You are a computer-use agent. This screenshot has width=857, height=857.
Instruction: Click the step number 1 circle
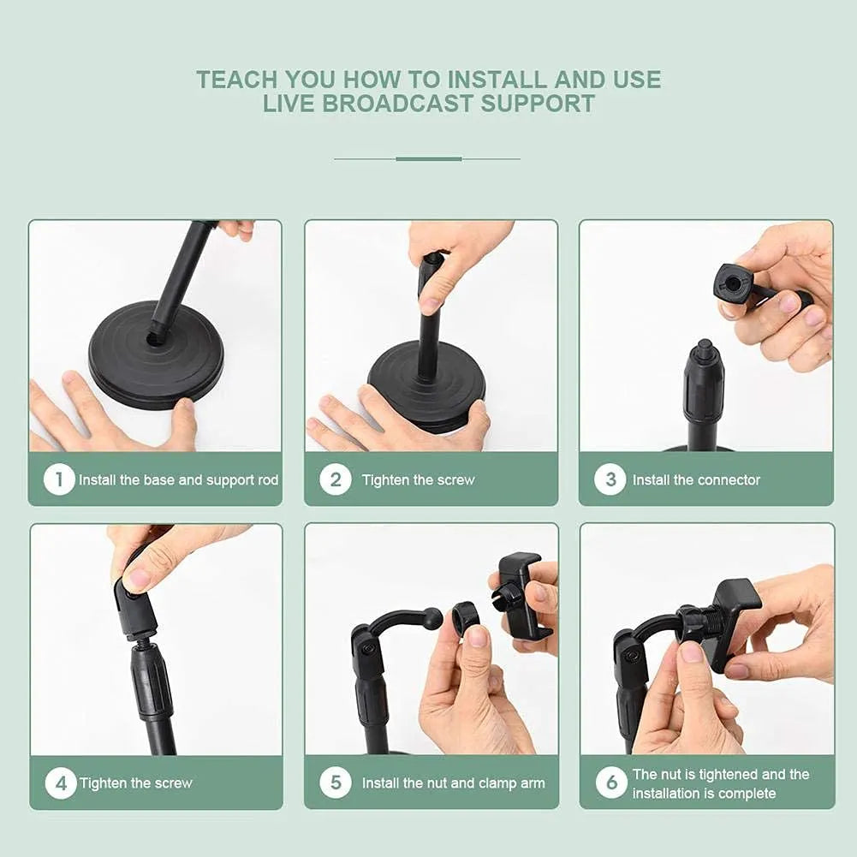[x=59, y=479]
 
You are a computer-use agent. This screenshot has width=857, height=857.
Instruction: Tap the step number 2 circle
[x=336, y=479]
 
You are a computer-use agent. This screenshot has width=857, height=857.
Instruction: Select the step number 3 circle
[x=610, y=479]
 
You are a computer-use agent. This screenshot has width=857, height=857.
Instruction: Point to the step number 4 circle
[x=61, y=783]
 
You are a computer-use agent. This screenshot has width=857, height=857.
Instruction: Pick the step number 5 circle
[x=336, y=783]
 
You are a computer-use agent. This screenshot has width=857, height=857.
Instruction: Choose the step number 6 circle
[x=611, y=783]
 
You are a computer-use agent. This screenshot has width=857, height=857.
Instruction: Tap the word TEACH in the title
[x=237, y=80]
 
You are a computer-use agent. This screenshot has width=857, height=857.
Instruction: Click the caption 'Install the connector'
[x=696, y=480]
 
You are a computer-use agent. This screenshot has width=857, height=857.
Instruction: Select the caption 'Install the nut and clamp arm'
[x=453, y=783]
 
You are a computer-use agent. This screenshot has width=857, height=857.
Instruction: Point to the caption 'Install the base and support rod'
[x=178, y=480]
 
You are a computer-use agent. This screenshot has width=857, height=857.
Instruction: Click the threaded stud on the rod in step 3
[x=704, y=349]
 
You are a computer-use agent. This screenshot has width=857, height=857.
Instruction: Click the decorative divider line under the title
[x=427, y=158]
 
